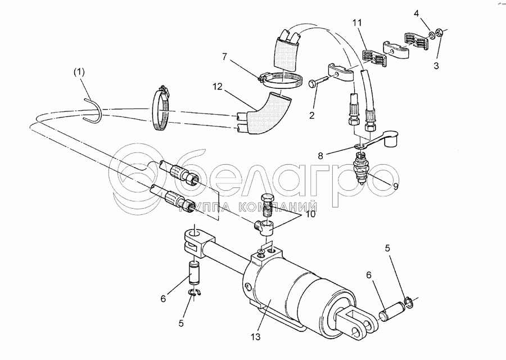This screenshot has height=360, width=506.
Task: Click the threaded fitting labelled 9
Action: (361, 167)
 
